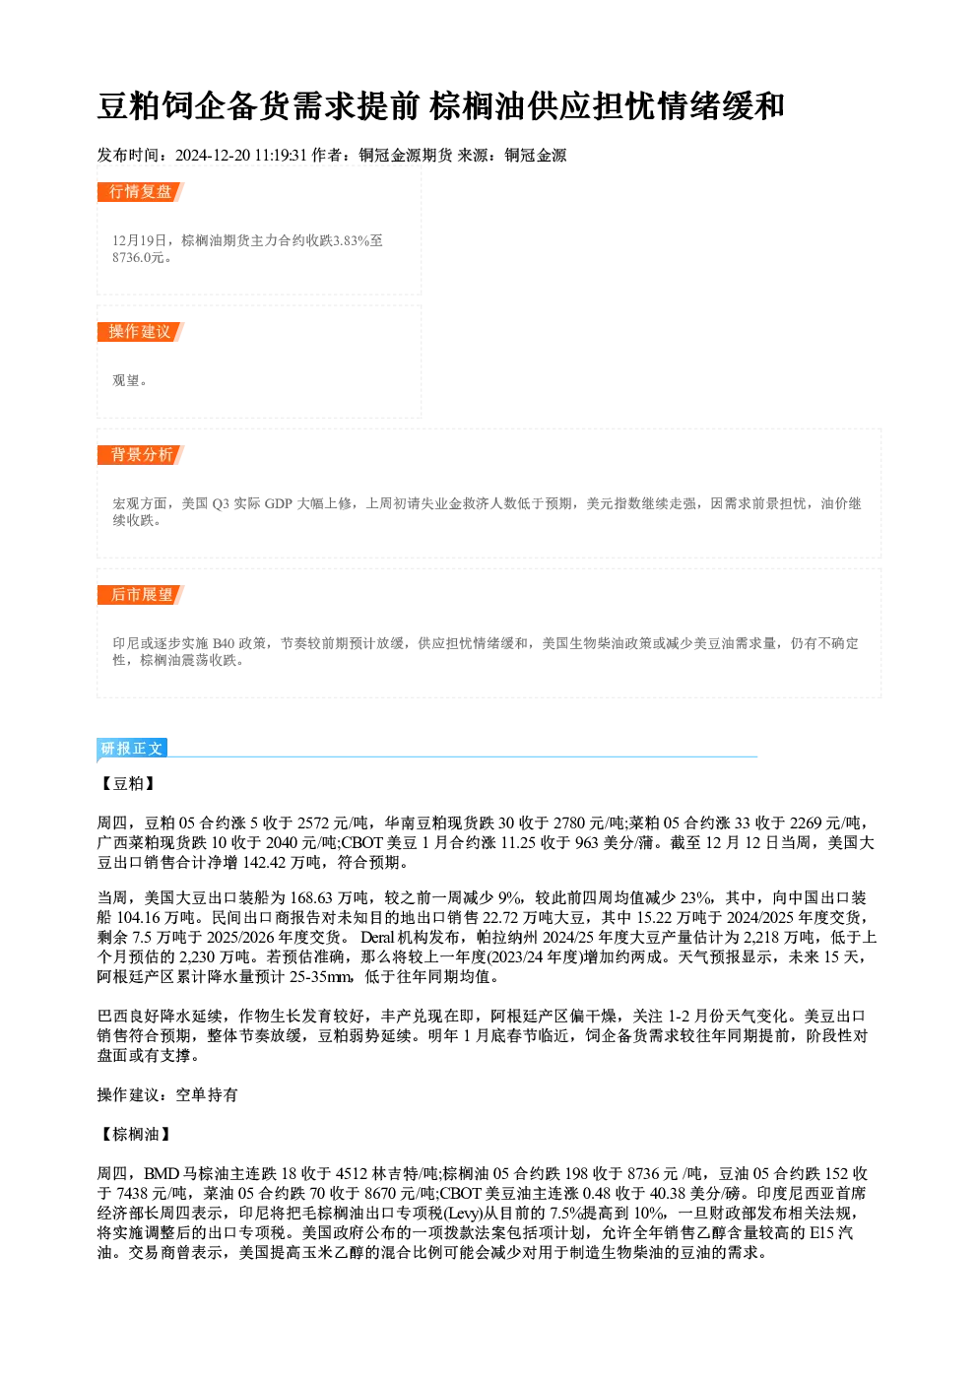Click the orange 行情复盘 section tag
tap(140, 192)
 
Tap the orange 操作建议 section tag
tap(140, 332)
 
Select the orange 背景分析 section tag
tap(140, 455)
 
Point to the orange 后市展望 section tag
tap(140, 595)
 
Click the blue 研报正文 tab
tap(132, 748)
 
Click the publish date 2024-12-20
tap(212, 156)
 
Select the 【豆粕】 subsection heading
tap(128, 783)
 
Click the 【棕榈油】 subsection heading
tap(135, 1134)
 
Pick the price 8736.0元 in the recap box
tap(138, 258)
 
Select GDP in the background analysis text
tap(278, 504)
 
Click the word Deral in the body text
tap(377, 937)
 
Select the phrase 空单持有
tap(207, 1095)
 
